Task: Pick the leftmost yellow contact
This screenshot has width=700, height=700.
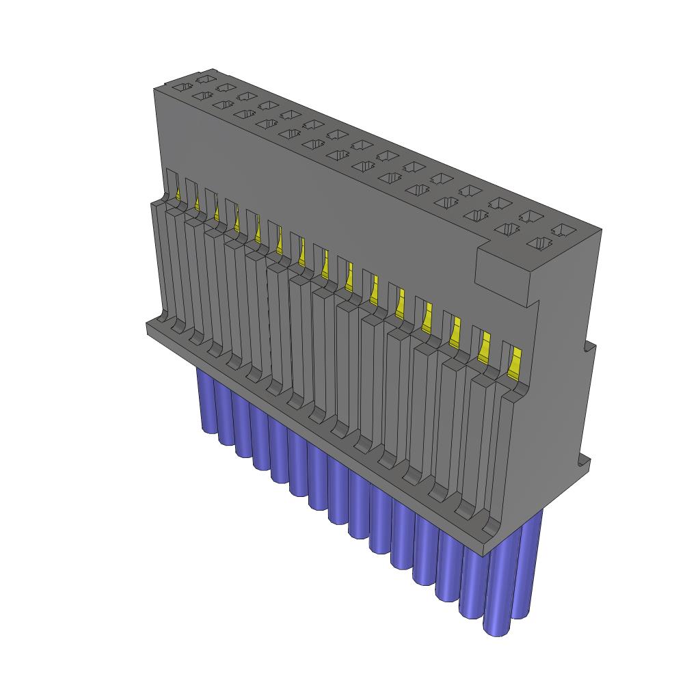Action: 179,195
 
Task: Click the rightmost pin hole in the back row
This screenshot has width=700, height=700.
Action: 564,230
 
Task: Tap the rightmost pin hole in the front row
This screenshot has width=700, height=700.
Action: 541,243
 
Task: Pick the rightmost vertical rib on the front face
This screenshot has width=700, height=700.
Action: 504,458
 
